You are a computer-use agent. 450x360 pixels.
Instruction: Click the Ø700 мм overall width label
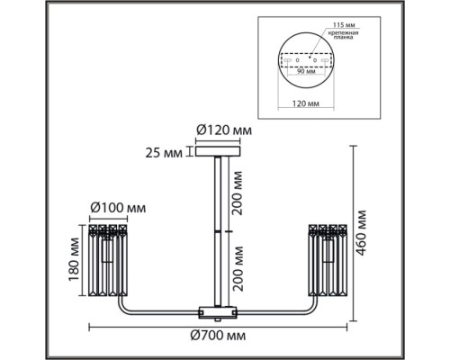tap(218, 335)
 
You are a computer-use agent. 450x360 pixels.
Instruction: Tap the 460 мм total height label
tap(361, 233)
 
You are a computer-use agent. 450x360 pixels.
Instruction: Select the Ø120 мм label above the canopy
tap(224, 130)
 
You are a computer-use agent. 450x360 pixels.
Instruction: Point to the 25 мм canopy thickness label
tap(164, 153)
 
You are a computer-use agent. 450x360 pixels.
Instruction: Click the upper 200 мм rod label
tap(238, 193)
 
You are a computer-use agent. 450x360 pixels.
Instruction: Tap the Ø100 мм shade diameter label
tap(118, 208)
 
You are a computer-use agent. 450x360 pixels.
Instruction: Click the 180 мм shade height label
tap(74, 259)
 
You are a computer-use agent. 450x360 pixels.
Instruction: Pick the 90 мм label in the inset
tap(306, 71)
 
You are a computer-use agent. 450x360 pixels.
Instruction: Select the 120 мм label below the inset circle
tap(306, 103)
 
